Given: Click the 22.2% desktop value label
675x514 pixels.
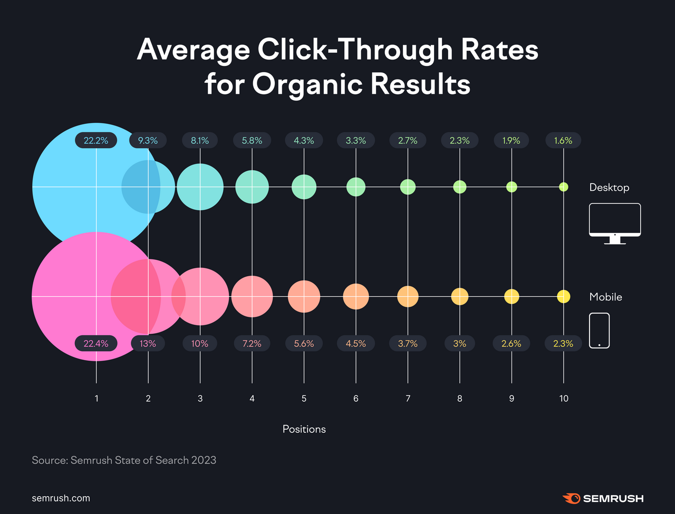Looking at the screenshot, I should coord(96,141).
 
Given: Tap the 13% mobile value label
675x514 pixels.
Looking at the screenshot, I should coord(148,343).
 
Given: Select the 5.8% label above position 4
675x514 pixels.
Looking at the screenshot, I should coord(252,141).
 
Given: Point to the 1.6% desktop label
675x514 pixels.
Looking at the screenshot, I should coord(563,141).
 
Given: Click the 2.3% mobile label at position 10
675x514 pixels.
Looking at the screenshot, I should coord(563,343).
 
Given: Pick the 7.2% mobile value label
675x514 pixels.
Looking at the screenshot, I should coord(252,343).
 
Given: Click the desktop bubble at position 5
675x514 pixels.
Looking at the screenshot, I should coord(304,187).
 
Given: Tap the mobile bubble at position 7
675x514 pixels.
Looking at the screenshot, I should coord(408,297).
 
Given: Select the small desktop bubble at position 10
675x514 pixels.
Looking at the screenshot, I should coord(563,187).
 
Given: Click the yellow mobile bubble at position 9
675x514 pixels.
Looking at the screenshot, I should coord(512,297).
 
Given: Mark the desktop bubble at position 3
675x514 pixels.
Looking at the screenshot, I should coord(200,187).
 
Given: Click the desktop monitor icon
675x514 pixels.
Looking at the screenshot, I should coord(615,223).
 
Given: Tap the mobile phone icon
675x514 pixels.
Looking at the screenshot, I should coord(599,331).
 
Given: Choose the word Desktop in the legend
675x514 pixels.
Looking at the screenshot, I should coord(609,188).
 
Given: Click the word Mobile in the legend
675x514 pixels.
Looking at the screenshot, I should coord(605,297).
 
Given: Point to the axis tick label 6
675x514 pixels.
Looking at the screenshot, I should coord(356,399).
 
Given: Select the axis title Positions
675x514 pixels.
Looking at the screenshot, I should coord(304,429).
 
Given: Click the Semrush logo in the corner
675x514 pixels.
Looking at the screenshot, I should coord(603,498).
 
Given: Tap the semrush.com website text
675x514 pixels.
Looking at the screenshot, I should coord(61,498).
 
